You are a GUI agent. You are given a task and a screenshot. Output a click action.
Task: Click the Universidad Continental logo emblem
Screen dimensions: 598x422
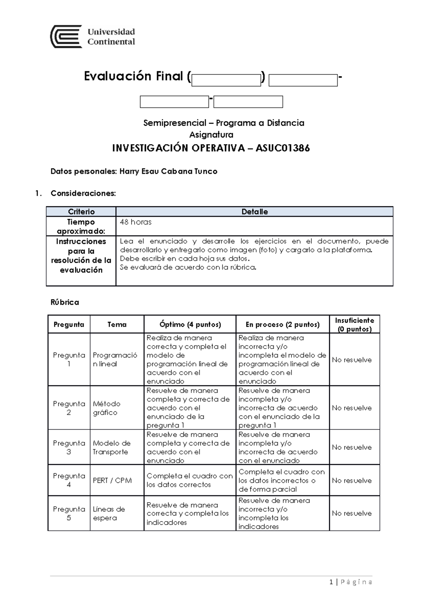click(66, 36)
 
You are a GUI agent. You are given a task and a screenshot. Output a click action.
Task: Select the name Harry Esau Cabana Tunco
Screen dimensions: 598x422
click(168, 172)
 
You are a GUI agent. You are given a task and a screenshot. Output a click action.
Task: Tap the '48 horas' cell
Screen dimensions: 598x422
click(136, 222)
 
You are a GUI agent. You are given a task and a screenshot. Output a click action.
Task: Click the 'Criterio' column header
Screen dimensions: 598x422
click(81, 212)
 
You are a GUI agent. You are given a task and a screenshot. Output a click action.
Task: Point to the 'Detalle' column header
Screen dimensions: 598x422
click(255, 212)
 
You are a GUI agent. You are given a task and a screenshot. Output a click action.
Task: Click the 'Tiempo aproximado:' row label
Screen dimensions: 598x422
click(81, 226)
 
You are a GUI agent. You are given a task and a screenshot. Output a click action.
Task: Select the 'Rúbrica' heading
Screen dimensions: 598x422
click(65, 302)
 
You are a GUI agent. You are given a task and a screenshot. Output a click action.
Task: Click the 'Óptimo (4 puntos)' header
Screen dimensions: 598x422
click(190, 324)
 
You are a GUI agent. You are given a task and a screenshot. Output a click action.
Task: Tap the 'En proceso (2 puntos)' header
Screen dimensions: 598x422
click(282, 324)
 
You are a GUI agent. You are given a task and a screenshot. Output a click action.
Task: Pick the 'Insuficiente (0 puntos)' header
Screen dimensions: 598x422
click(354, 324)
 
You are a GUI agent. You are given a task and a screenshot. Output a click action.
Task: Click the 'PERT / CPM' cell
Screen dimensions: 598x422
click(113, 480)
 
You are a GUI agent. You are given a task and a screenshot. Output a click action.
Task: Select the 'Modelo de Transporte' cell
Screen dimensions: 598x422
click(111, 447)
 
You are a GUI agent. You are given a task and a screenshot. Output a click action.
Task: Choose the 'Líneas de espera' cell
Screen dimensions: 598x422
click(109, 513)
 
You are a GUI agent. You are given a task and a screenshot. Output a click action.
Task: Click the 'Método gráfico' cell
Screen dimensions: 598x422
click(107, 408)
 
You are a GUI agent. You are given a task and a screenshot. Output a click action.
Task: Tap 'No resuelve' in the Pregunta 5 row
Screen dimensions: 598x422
click(352, 513)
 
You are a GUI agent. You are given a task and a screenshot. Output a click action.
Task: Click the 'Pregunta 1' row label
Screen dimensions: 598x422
click(69, 359)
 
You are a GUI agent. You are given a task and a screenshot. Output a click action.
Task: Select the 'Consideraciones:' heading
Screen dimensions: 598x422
click(83, 193)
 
